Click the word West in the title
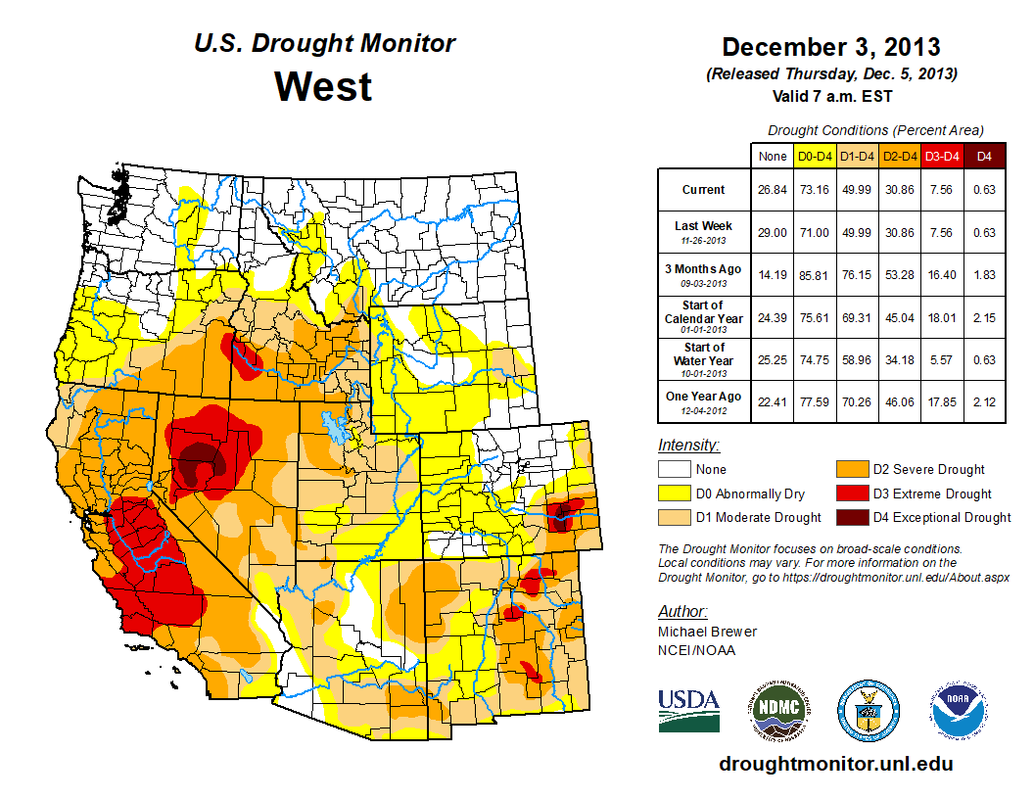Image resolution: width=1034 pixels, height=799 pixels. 323,86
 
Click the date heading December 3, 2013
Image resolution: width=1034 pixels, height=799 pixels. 830,47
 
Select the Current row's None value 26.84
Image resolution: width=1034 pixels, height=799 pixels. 772,190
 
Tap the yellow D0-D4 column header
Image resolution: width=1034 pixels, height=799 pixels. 814,156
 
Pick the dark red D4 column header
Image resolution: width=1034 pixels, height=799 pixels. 983,156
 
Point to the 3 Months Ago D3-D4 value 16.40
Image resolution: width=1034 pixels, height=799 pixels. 941,275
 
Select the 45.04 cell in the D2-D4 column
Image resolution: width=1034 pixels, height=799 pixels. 899,317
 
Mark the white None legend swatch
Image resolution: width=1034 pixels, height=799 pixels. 676,470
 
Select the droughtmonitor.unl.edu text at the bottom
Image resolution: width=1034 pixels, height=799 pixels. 835,764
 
